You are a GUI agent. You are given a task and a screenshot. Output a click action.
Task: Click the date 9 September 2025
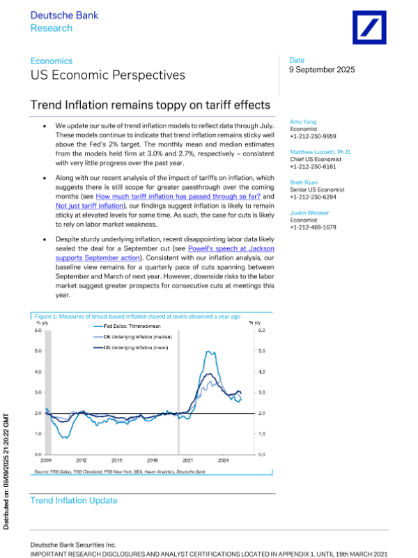322,70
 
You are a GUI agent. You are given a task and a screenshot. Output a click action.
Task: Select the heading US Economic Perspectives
108,75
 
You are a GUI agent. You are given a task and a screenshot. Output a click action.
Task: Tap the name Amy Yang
303,121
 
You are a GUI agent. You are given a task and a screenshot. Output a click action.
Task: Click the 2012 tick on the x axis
81,461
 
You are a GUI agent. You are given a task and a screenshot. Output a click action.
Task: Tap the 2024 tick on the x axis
224,461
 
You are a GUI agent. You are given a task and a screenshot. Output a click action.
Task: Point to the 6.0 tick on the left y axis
39,330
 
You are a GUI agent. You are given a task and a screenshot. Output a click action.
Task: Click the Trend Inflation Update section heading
74,501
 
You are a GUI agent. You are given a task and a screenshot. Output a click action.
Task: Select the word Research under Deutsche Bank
51,28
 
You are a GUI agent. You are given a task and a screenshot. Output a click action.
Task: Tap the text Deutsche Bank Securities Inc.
73,544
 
